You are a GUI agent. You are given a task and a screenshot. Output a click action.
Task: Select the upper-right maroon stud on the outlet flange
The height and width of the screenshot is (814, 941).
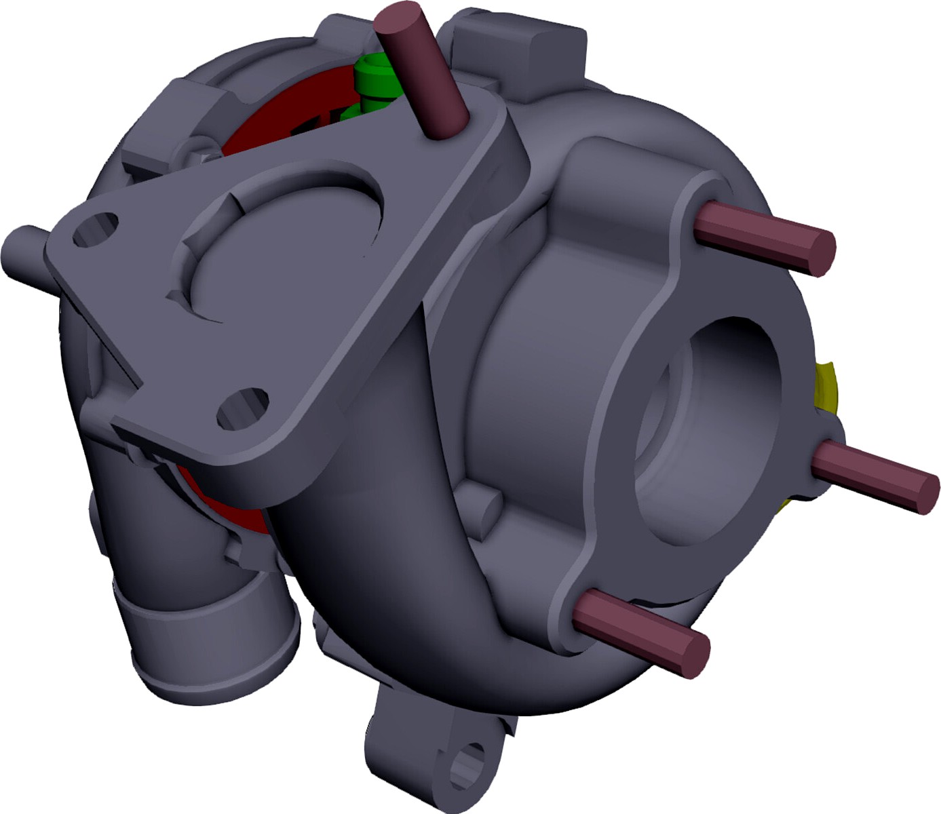click(763, 235)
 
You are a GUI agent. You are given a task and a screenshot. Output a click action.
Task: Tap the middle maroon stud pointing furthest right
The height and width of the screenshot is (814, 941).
click(875, 475)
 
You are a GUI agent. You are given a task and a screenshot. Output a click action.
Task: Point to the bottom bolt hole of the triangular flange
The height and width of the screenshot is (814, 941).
click(242, 408)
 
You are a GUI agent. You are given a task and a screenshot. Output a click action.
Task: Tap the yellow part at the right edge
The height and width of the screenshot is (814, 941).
click(826, 390)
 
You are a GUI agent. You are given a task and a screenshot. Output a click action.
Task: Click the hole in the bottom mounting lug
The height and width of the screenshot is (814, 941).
click(469, 764)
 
